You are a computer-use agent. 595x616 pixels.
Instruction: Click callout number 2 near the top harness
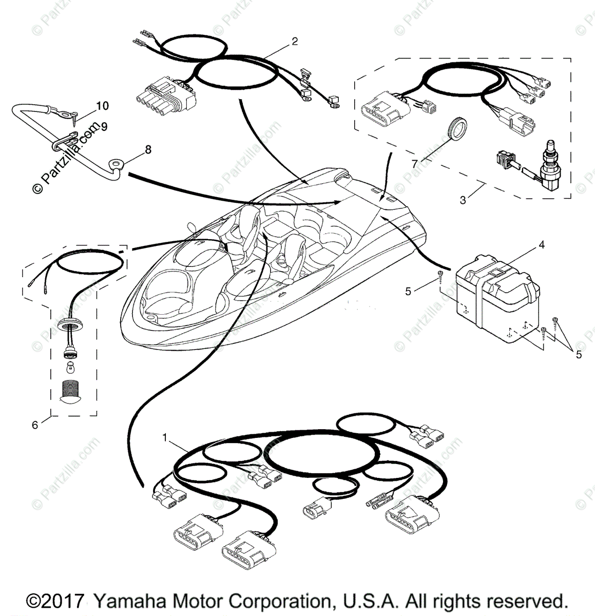point(294,42)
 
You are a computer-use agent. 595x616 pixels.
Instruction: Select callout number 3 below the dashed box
point(463,200)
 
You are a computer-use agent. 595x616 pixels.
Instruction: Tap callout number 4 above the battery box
point(541,245)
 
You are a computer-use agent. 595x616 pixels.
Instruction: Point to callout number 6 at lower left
point(35,425)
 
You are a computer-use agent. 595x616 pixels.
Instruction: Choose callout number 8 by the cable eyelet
point(148,149)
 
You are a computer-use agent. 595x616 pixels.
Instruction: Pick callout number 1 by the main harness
point(165,437)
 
